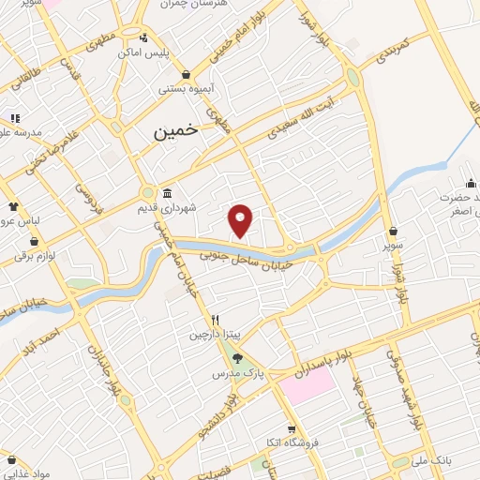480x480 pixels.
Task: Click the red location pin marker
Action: coord(242,220)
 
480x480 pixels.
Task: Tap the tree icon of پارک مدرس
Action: coord(236,357)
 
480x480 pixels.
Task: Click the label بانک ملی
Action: coord(453,461)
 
